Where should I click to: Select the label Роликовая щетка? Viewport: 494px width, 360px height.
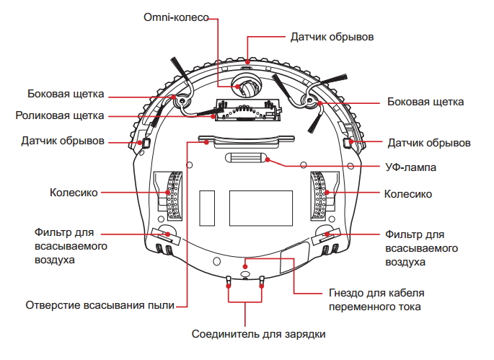[61, 115]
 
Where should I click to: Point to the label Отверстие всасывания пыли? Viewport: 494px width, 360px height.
[100, 305]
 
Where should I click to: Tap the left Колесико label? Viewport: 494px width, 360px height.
[74, 193]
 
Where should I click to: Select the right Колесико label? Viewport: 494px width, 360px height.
[407, 194]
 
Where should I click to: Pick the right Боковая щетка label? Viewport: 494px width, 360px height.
[424, 102]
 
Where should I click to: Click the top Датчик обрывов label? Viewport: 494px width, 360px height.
[332, 35]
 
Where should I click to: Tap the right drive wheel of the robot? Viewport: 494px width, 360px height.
[319, 196]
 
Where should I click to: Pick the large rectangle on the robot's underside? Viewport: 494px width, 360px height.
[261, 208]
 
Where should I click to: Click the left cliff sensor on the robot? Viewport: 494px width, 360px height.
[144, 143]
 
